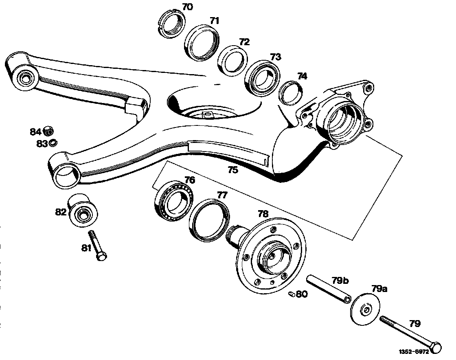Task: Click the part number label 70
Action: tap(187, 7)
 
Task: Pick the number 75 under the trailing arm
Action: tap(232, 169)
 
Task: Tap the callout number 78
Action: tap(263, 214)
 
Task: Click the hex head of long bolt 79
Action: tap(435, 348)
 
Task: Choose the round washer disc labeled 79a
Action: tap(366, 310)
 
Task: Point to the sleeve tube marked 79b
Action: tap(329, 290)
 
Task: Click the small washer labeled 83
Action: tap(53, 143)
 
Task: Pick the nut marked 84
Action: tap(48, 131)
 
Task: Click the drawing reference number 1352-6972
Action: tap(414, 352)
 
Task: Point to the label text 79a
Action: tap(379, 289)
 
